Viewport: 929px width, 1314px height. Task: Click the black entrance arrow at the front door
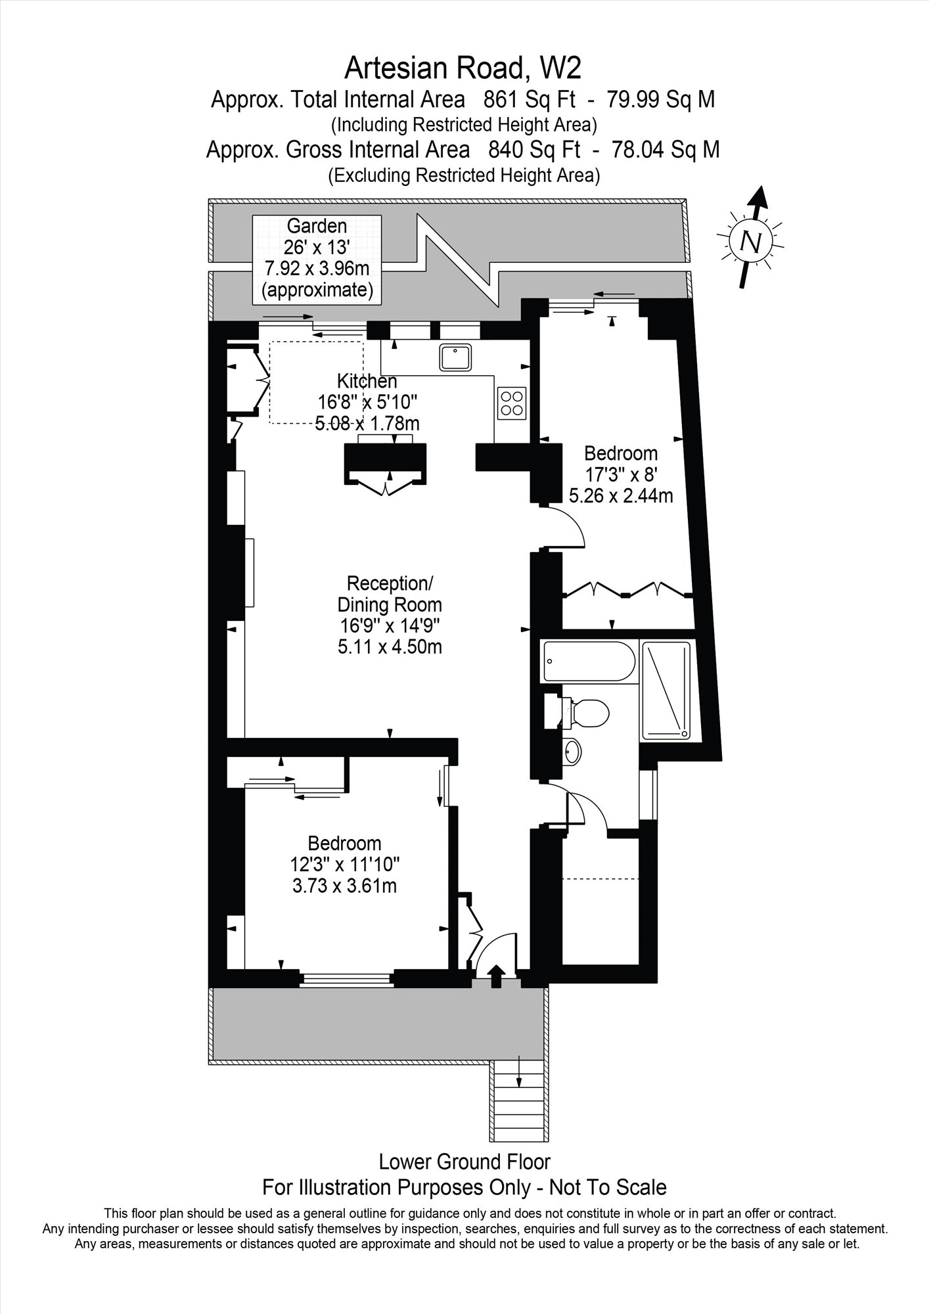click(496, 974)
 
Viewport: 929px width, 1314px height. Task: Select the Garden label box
click(317, 259)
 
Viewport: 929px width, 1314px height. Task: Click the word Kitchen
click(367, 381)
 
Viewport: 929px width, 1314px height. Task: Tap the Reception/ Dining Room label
click(390, 593)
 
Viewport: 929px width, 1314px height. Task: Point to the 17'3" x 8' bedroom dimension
click(621, 474)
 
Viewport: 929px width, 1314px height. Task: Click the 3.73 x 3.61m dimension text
click(345, 886)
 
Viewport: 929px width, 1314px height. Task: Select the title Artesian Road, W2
click(464, 67)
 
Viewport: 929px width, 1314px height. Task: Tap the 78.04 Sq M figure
click(666, 150)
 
